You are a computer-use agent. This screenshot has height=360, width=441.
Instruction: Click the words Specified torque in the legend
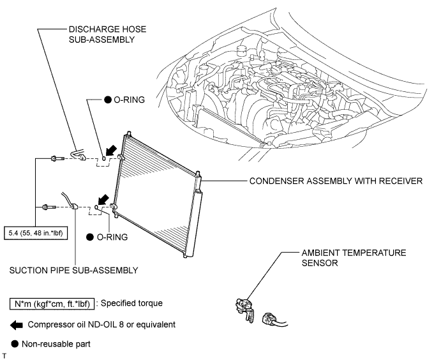[137, 302]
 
